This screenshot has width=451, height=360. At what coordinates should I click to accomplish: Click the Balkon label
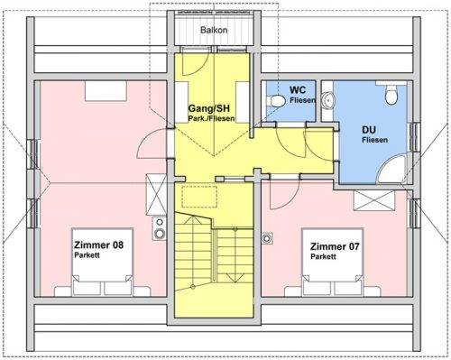pos(213,30)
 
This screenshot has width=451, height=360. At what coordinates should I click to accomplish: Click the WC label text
pos(299,90)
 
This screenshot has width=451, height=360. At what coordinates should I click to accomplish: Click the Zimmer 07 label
pos(335,245)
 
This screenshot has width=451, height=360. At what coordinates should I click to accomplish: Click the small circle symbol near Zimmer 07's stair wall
pos(267,238)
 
